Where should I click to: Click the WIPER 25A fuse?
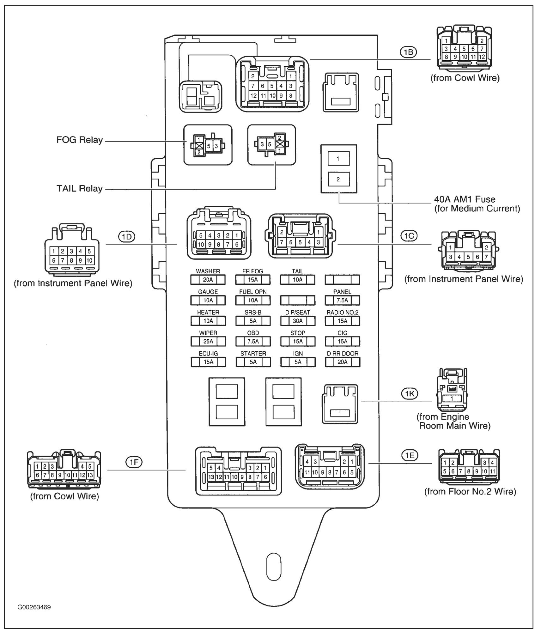208,341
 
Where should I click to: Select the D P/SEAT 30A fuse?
298,321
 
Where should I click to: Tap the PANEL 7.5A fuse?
342,300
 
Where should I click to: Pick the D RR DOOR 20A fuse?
342,362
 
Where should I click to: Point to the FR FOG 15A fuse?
253,280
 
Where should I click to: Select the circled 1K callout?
410,394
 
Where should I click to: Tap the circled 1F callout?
134,462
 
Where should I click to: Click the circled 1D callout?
127,237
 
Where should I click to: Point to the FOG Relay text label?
80,140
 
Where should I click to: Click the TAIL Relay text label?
80,189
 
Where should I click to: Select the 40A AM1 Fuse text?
465,199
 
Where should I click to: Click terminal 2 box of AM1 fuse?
338,179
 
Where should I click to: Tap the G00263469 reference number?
34,607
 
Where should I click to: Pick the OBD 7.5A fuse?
253,341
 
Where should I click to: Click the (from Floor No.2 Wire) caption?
470,491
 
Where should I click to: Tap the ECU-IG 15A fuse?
208,362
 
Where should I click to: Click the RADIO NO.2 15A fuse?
342,321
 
